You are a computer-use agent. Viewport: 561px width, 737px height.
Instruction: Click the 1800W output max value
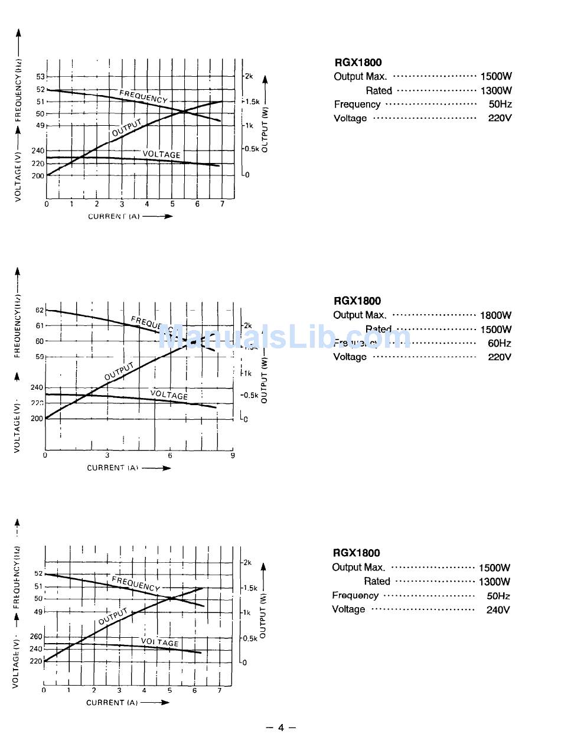coord(495,315)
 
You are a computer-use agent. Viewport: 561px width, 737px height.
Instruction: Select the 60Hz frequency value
coord(499,343)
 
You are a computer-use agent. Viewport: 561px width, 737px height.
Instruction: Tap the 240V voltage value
coord(498,609)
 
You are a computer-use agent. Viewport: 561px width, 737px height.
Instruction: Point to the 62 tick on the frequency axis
coord(40,310)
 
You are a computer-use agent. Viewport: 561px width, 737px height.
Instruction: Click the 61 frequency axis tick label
coord(40,325)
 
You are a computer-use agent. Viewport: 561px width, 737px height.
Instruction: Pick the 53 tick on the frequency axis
coord(40,77)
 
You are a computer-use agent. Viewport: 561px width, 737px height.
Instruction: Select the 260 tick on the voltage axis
coord(36,637)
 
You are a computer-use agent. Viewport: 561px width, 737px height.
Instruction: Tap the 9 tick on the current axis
coord(233,455)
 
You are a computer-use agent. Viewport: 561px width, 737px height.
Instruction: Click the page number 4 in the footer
coord(281,727)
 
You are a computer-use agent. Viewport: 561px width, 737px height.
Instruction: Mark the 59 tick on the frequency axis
coord(40,357)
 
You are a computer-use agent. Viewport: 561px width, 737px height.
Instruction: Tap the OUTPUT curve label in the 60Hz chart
coord(119,371)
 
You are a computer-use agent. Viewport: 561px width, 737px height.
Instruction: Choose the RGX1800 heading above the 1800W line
coord(357,301)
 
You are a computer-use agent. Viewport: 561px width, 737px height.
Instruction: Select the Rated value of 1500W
coord(495,330)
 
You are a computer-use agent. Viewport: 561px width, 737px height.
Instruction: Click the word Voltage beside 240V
coord(348,609)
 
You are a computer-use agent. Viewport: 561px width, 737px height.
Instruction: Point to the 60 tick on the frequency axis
coord(40,341)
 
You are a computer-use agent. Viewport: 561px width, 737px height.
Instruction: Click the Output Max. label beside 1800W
coord(360,315)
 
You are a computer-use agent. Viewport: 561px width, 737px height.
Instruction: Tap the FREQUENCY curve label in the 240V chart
coord(136,584)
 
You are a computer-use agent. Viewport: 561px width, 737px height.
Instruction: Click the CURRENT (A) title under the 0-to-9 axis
coord(113,468)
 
